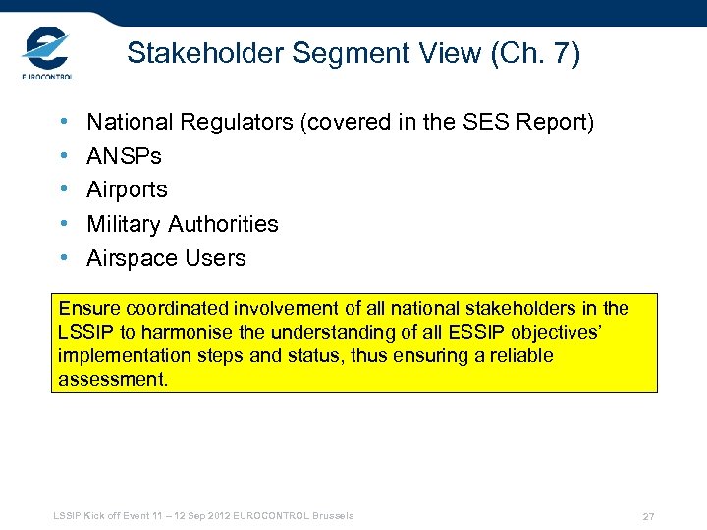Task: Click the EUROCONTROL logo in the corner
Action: [46, 56]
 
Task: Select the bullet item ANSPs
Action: [124, 156]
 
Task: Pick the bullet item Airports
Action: [127, 190]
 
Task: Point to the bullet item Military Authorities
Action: [182, 224]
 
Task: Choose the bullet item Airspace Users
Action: [166, 258]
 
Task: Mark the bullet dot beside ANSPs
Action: [63, 156]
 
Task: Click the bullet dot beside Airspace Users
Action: [63, 258]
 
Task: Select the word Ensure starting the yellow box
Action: [87, 309]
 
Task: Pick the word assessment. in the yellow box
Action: [113, 379]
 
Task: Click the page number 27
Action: [648, 516]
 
